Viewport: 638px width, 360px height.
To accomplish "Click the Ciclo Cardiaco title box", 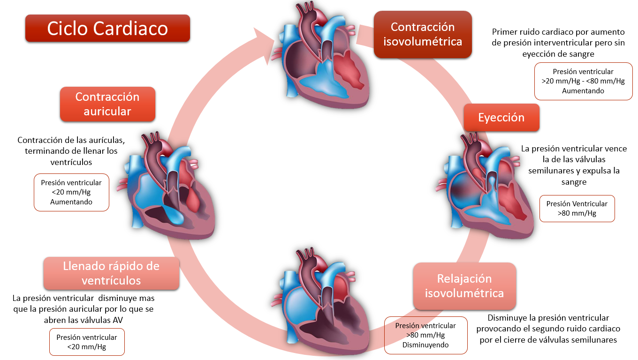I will pyautogui.click(x=107, y=29).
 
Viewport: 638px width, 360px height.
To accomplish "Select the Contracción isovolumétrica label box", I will pyautogui.click(x=423, y=34).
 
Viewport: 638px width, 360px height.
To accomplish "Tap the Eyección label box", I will pyautogui.click(x=501, y=117).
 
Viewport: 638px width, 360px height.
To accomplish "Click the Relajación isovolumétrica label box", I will pyautogui.click(x=464, y=286).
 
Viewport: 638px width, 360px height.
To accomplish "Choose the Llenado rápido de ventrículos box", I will pyautogui.click(x=111, y=273).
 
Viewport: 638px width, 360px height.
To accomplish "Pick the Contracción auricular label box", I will pyautogui.click(x=107, y=104).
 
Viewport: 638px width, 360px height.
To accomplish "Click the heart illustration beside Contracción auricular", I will pyautogui.click(x=171, y=187).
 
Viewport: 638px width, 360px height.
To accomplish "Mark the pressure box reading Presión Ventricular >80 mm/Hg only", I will pyautogui.click(x=577, y=209).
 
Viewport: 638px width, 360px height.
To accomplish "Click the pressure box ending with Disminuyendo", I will pyautogui.click(x=425, y=335).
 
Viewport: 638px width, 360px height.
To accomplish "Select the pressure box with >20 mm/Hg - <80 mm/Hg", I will pyautogui.click(x=583, y=81).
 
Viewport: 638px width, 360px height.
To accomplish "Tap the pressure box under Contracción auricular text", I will pyautogui.click(x=71, y=192).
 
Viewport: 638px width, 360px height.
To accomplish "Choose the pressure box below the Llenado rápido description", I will pyautogui.click(x=87, y=342).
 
